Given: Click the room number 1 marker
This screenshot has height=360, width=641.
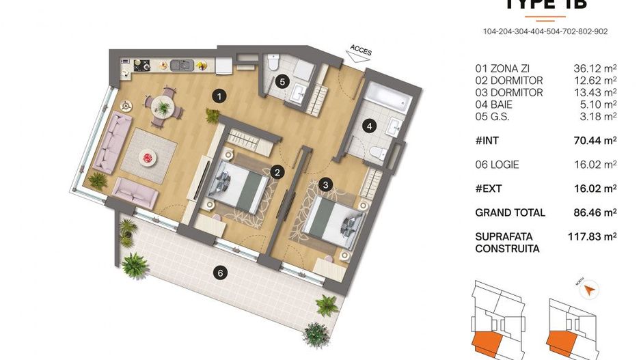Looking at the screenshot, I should coord(218,96).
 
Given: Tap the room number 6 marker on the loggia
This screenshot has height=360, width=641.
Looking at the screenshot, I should coord(219,274).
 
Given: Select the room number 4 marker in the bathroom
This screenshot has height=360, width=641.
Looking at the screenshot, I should coord(370,126).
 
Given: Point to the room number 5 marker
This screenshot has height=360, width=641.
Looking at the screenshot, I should coord(281,81).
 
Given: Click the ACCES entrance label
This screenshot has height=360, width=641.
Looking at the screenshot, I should coord(361,49).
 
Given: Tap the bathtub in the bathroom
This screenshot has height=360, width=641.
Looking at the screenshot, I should coord(386,99).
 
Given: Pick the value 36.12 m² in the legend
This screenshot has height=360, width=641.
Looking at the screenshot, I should coord(595,68).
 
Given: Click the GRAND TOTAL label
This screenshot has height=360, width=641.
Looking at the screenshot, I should coord(510,212).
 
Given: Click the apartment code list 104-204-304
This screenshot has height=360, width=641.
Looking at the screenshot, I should coord(545,31).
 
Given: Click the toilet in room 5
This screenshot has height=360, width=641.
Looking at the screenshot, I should coord(273,63).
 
